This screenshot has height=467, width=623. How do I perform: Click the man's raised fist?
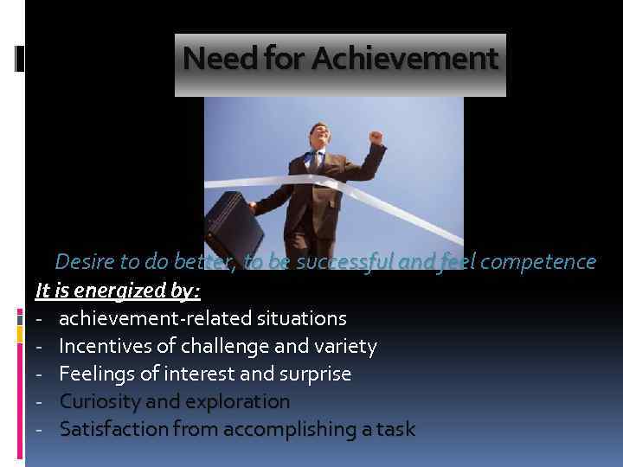pos(374,138)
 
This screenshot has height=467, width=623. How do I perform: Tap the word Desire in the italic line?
pos(85,261)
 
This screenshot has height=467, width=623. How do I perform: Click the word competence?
pos(537,261)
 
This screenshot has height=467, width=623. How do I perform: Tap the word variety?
pos(344,347)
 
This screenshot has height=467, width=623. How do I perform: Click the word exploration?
pos(237,402)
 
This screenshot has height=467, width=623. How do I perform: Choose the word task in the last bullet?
pos(395,429)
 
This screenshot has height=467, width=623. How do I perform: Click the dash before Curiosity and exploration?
pos(40,402)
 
